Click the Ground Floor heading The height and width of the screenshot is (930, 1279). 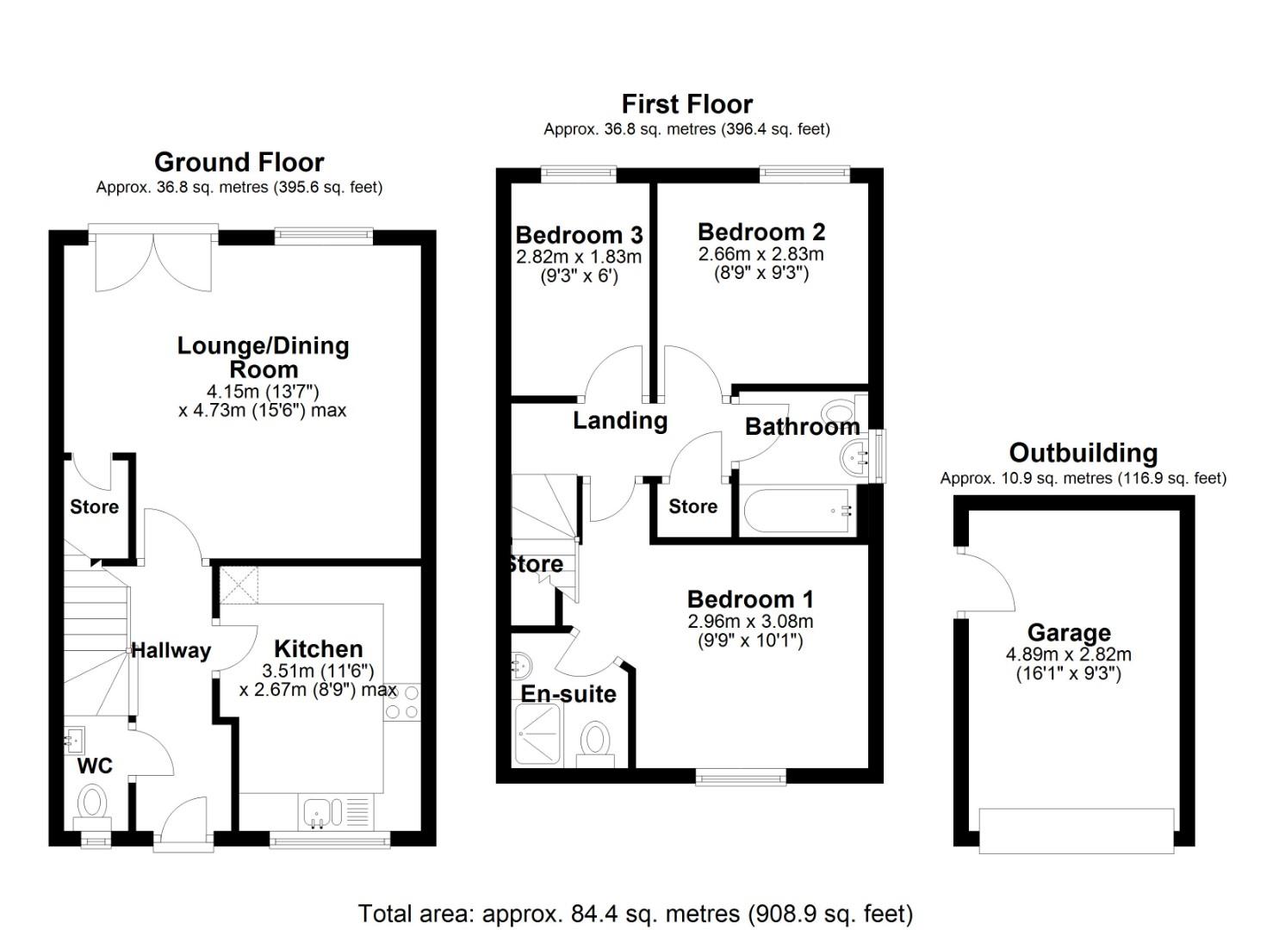pos(239,162)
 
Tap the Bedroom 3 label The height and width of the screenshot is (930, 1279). pos(579,234)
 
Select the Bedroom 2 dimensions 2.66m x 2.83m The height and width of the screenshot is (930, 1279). pos(761,254)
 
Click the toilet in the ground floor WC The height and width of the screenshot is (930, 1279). pos(91,803)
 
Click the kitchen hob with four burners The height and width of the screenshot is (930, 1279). pos(402,701)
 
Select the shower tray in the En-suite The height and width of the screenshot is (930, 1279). pos(538,735)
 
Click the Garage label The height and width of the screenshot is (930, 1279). pos(1068,633)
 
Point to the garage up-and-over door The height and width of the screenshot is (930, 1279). pos(1076,830)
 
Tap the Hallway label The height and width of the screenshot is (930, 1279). pos(171,650)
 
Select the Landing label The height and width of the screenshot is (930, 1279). pos(620,420)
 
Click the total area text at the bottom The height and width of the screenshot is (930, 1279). pos(635,913)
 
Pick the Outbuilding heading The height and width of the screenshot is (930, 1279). pos(1083,453)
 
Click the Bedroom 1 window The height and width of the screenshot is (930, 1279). pos(741,777)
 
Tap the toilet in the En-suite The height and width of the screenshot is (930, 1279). pos(595,741)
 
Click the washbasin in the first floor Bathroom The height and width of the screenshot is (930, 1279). pos(857,456)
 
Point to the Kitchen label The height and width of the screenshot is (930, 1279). pos(318,648)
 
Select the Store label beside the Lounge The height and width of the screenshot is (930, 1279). pos(94,506)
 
